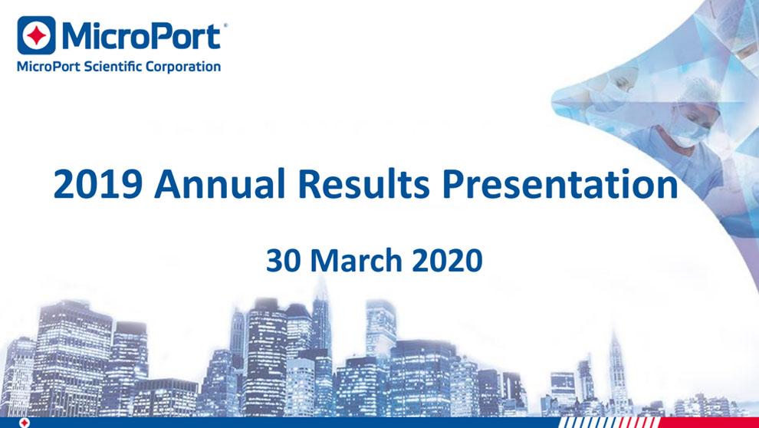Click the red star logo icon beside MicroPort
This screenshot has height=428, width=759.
point(36,35)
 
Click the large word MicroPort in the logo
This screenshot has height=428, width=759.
point(141,36)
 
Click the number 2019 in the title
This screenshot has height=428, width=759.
point(97,184)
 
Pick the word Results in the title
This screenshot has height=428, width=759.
point(363,184)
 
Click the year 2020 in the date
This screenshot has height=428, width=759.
point(447,261)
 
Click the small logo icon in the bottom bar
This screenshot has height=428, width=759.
point(25,423)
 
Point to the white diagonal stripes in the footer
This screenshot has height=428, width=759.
point(609,423)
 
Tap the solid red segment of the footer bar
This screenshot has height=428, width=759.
point(708,423)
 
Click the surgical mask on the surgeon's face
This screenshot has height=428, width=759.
point(688,130)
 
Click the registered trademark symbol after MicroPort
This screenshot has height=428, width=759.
point(225,25)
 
